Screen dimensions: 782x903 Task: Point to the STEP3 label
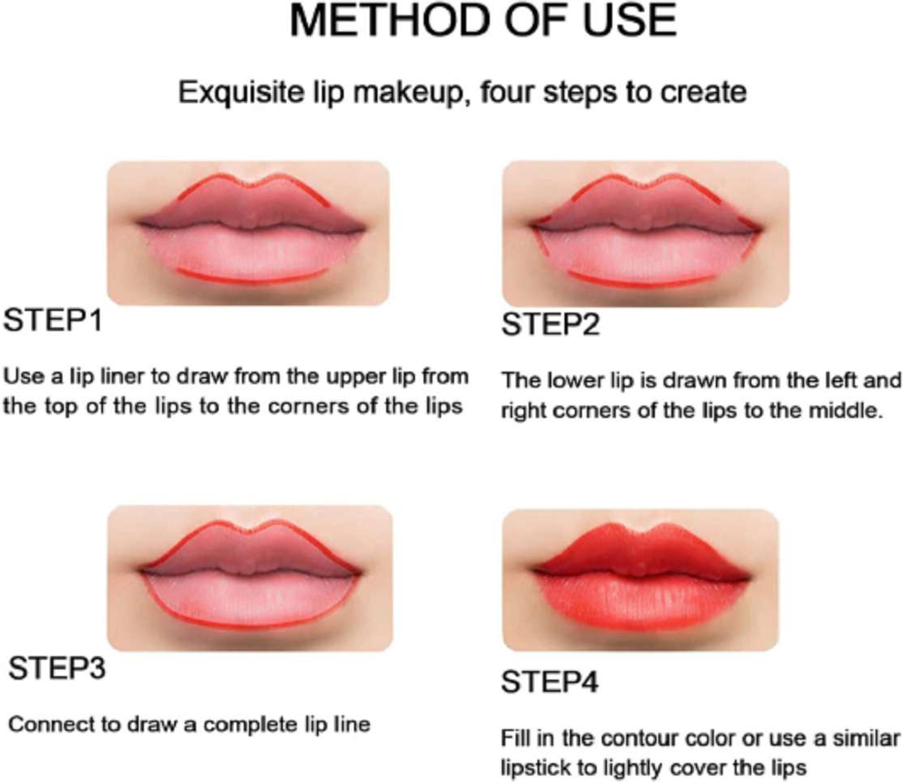point(57,670)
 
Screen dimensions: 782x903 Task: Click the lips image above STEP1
point(248,231)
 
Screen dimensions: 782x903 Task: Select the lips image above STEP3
point(250,578)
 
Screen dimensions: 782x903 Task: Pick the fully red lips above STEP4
point(641,579)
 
